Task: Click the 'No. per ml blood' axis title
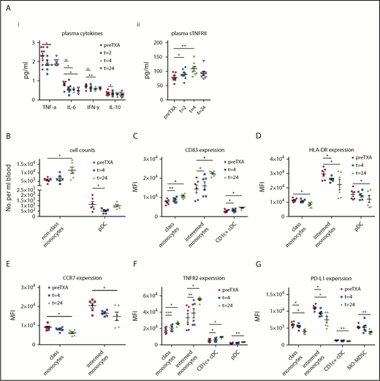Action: [7, 186]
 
